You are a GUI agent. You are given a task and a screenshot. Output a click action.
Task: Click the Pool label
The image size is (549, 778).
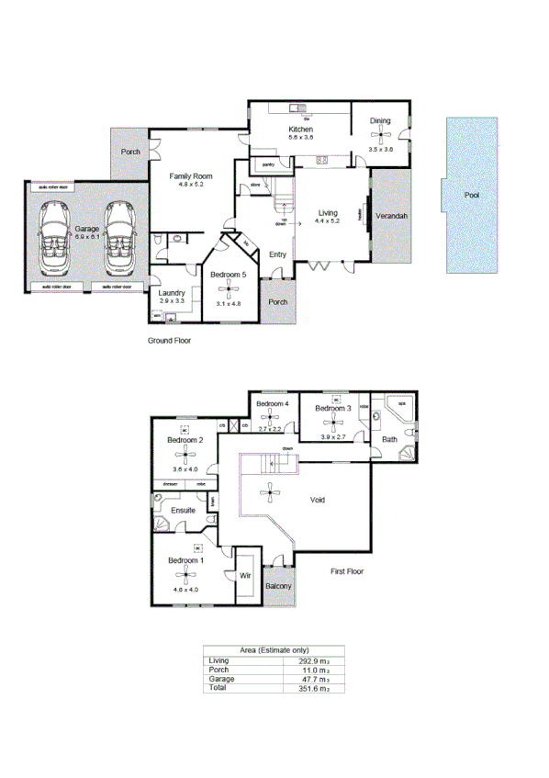(472, 195)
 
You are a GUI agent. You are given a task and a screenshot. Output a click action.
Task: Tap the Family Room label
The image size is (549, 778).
(190, 175)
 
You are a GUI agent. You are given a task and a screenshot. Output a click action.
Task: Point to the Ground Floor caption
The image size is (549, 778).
(170, 340)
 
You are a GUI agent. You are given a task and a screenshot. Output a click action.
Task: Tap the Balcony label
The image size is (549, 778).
(278, 585)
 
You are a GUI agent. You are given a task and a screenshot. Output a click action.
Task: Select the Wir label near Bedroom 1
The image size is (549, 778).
(245, 576)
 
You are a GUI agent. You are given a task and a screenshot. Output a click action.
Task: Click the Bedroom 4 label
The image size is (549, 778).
(273, 404)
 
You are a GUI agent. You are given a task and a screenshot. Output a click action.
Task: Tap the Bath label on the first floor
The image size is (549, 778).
(390, 439)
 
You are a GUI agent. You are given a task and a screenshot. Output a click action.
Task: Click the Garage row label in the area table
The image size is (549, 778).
(221, 679)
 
